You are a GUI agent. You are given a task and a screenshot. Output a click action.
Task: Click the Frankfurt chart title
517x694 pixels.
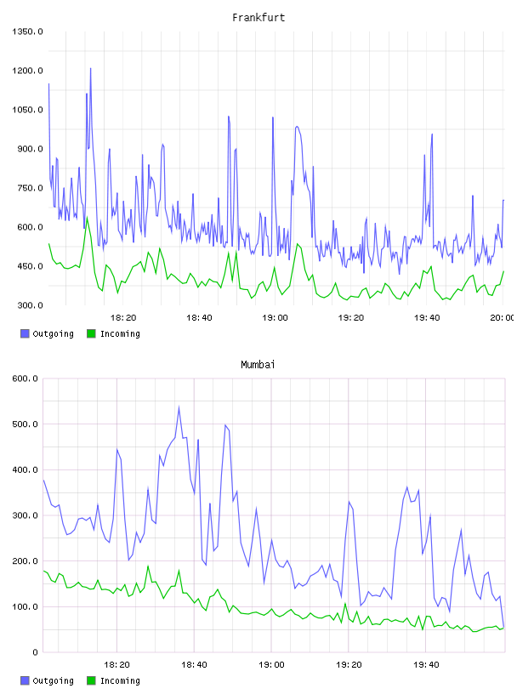(x=258, y=18)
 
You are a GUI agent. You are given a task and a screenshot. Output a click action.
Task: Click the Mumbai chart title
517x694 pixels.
(x=258, y=365)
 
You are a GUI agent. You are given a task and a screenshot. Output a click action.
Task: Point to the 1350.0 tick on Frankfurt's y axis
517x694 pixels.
(x=27, y=31)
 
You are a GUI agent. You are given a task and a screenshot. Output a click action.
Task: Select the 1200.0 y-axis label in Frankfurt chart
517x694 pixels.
(x=27, y=71)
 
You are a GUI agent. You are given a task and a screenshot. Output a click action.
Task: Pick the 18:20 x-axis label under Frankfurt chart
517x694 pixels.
(x=123, y=318)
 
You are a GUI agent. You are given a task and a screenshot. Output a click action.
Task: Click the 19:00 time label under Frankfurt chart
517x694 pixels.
(x=275, y=318)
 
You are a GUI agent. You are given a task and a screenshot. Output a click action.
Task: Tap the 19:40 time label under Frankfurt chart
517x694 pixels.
(x=427, y=318)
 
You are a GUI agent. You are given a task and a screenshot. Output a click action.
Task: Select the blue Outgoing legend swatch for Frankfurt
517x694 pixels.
(x=25, y=333)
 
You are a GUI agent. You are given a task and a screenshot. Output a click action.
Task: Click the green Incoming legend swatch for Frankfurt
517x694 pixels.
(x=91, y=333)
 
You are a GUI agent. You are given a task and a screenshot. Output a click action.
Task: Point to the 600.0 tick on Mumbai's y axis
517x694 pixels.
(x=25, y=378)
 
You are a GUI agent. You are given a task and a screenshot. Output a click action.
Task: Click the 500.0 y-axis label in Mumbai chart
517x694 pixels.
(x=25, y=424)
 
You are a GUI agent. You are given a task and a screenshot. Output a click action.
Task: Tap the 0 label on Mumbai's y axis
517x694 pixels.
(x=35, y=652)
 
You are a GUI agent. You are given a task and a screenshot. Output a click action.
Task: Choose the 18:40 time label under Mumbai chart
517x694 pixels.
(x=194, y=665)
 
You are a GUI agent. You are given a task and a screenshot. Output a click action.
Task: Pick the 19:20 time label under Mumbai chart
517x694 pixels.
(x=349, y=665)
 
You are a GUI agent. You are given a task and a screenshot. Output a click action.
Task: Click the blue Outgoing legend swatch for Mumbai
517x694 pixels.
(x=25, y=680)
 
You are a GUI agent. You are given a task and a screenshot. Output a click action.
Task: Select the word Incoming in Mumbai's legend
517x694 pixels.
(x=120, y=680)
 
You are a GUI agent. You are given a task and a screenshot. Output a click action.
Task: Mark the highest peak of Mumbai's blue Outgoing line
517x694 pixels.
(x=179, y=407)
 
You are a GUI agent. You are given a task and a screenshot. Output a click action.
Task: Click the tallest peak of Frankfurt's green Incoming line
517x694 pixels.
(x=88, y=217)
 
